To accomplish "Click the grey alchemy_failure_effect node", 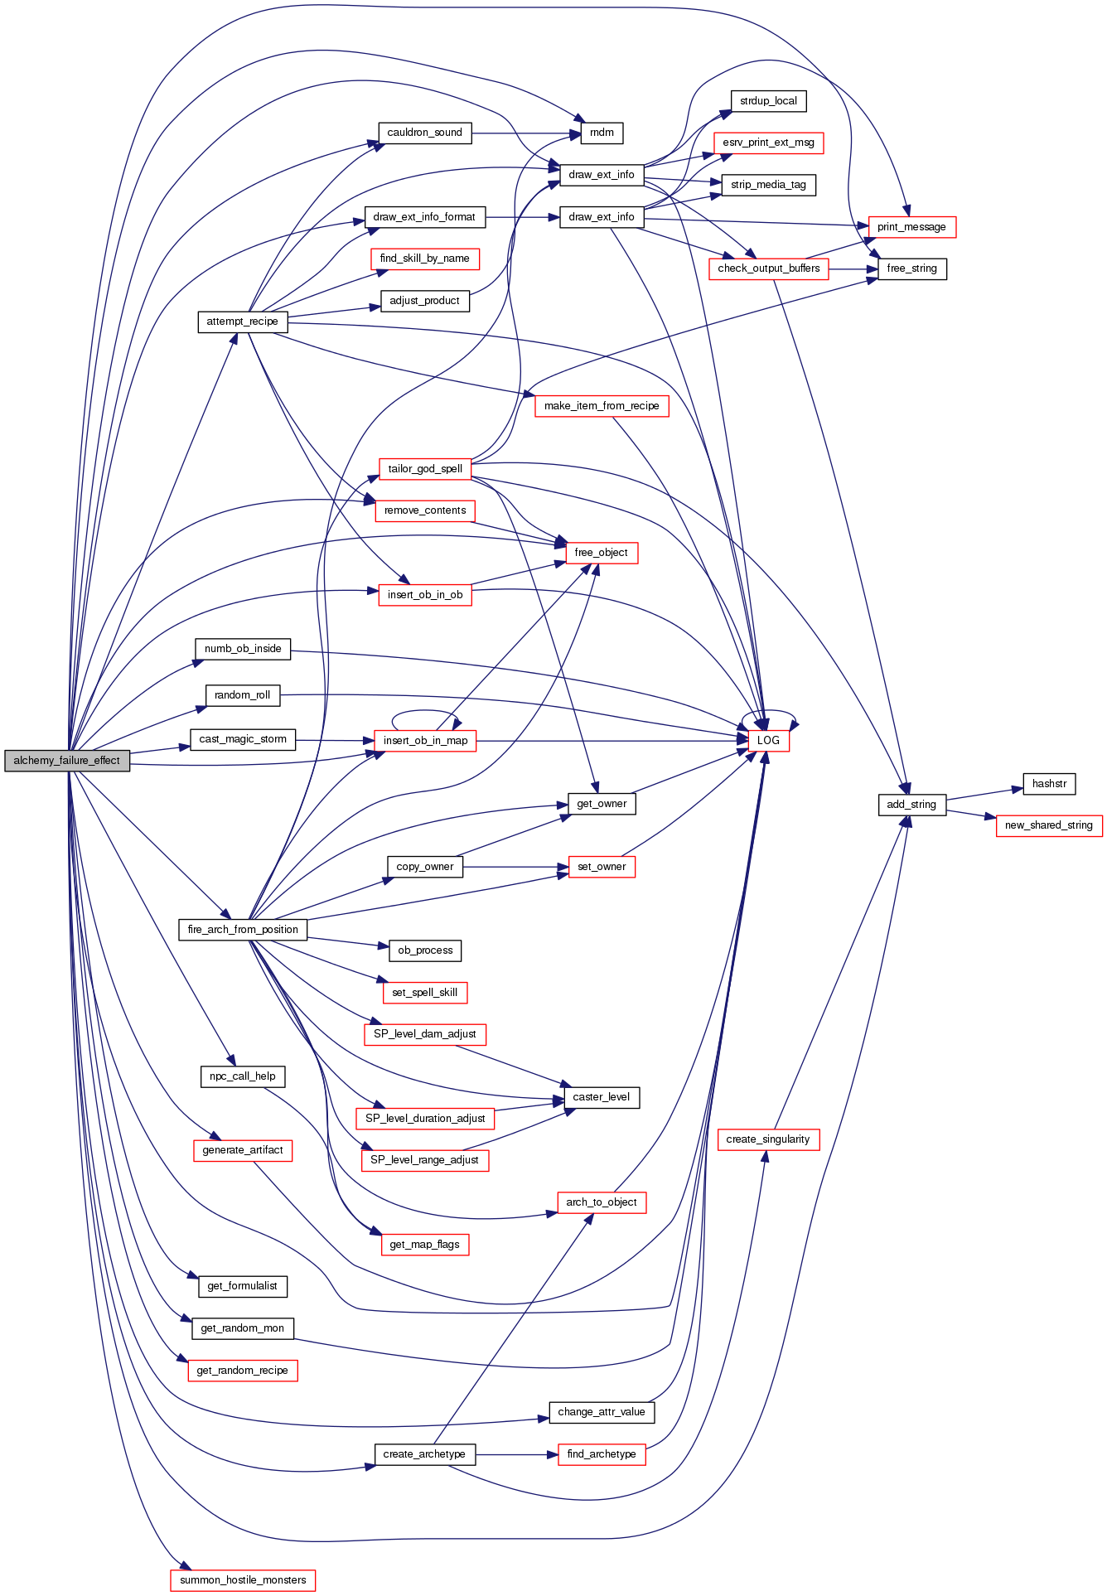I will coord(67,761).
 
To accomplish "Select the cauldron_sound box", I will coord(425,133).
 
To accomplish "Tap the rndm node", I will coord(602,133).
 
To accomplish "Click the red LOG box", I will coord(768,741).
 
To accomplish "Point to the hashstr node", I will coord(1049,784).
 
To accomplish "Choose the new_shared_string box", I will coord(1048,825).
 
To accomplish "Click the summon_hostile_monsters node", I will coord(243,1580).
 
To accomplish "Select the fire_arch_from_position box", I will coord(243,930).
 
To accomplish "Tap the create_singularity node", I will coord(768,1139).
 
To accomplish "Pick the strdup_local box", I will coord(768,101).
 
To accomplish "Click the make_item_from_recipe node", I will coord(602,406).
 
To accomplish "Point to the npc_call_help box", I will coord(243,1076).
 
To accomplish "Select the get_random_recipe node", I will coord(243,1371).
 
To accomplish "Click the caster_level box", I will coord(602,1097).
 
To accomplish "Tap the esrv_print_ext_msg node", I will coord(768,143).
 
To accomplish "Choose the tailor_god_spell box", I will coord(425,469).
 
